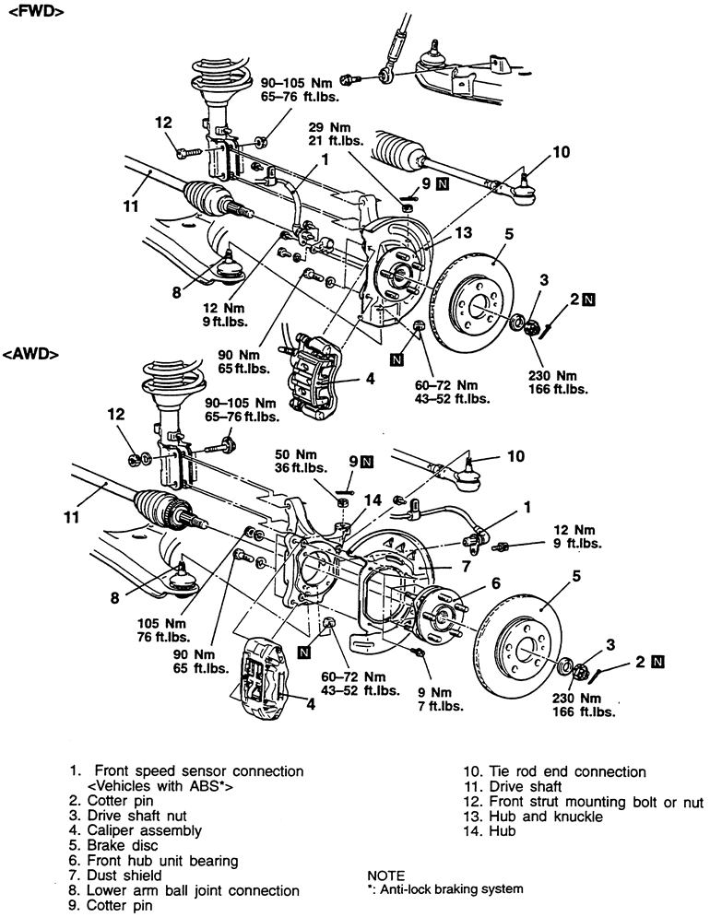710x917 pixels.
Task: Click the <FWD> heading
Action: click(36, 12)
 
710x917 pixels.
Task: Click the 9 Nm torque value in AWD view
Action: click(434, 692)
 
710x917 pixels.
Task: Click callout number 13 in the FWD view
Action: click(463, 233)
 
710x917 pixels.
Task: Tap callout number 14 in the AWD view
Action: click(373, 500)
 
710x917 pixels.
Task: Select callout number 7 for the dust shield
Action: click(466, 566)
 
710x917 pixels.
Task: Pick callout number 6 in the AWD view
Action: click(496, 583)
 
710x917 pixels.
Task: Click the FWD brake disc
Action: click(472, 303)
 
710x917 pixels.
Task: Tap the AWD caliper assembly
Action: click(265, 679)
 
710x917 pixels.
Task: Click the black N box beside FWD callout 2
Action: click(589, 300)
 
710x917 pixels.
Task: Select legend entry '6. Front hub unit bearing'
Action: click(154, 861)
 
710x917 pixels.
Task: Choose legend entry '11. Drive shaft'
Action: click(512, 786)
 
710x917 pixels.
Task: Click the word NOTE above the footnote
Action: click(385, 876)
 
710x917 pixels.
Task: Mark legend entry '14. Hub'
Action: click(490, 831)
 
